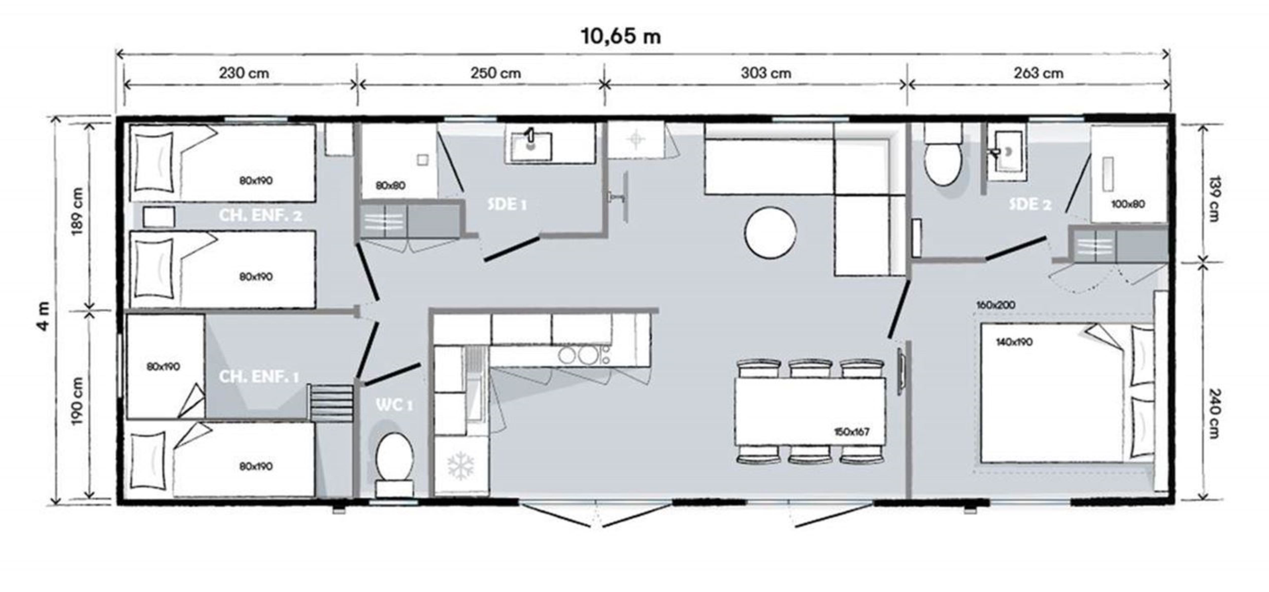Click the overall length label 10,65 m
(x=621, y=36)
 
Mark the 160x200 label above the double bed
(x=996, y=305)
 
